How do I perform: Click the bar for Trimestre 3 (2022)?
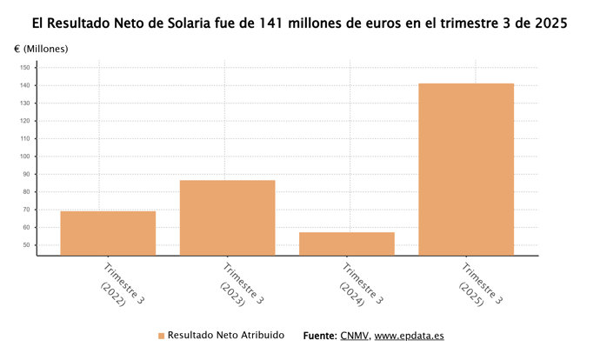108,233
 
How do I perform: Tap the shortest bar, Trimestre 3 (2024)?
346,243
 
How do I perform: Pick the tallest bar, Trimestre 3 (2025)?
466,169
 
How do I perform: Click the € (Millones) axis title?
41,48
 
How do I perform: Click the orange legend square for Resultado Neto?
161,336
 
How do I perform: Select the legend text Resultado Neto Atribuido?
225,335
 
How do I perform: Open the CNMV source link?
354,335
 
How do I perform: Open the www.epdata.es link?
410,335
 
